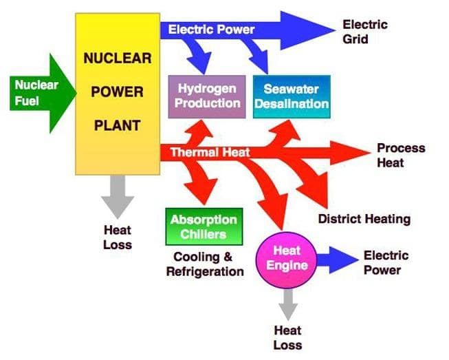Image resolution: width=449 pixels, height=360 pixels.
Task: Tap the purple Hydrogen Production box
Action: point(207,96)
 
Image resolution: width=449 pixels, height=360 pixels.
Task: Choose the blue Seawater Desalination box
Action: point(292,96)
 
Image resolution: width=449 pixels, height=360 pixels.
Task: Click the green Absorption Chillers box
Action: point(204,226)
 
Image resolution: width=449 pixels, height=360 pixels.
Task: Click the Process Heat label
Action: point(400,156)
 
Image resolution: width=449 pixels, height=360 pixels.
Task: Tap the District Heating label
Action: point(364,219)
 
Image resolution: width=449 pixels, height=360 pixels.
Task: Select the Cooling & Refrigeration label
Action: point(205,264)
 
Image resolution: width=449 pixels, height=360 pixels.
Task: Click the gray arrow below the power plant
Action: point(118,197)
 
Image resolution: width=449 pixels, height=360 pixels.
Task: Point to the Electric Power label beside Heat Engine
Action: point(386,262)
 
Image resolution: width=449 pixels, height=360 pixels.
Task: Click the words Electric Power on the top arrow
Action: point(211,30)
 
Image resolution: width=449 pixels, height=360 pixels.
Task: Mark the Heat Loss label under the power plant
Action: point(118,237)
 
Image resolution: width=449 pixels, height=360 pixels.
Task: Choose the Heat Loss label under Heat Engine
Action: point(287,337)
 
